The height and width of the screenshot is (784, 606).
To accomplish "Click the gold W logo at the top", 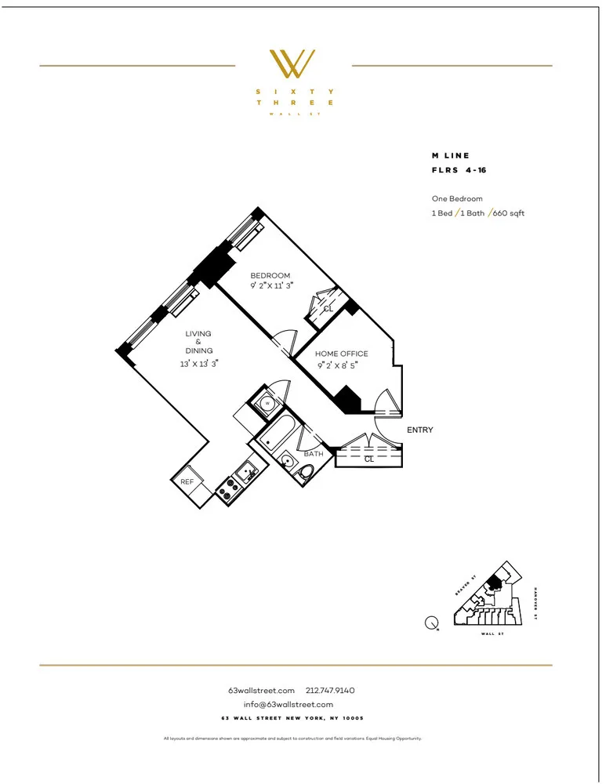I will click(292, 64).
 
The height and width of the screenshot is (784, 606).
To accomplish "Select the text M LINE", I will click(451, 156).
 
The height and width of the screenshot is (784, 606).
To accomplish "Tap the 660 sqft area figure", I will click(508, 213).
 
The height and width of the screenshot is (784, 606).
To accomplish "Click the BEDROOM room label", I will click(270, 276).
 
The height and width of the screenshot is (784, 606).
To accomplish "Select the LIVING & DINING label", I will click(198, 343).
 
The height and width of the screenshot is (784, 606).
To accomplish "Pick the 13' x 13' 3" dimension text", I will click(198, 363).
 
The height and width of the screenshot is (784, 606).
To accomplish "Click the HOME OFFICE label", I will click(341, 354).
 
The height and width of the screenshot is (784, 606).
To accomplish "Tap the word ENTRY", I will click(419, 430).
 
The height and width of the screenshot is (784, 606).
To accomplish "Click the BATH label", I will click(314, 454).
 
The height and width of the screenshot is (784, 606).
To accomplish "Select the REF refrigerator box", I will click(187, 482).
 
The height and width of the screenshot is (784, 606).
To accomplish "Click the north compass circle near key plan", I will click(431, 624).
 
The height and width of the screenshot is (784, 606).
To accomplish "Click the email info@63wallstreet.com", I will click(294, 704).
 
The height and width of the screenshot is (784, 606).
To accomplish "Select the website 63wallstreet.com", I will click(261, 691).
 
